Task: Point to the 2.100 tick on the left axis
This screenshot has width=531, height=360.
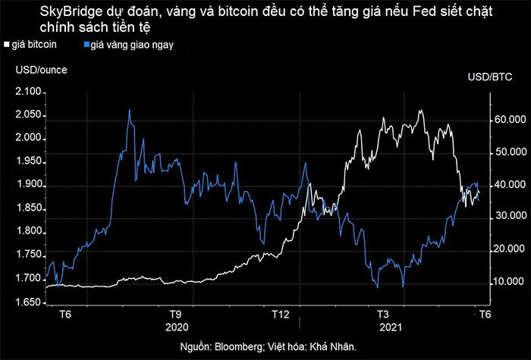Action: [x=29, y=92]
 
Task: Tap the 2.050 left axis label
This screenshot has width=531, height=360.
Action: [x=29, y=115]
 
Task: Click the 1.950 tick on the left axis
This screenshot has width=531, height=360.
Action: [x=29, y=162]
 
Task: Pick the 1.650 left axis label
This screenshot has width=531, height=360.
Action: [x=29, y=303]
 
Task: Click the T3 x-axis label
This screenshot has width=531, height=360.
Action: [x=383, y=314]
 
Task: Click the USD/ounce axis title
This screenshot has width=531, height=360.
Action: [x=40, y=70]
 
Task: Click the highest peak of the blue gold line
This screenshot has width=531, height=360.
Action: [x=129, y=110]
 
